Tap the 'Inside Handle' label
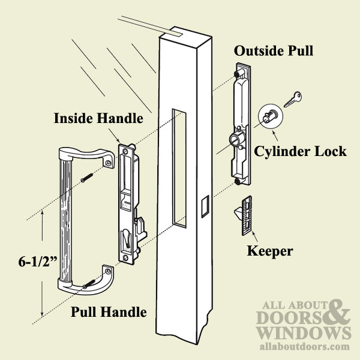point(98,118)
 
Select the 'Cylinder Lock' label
point(300,151)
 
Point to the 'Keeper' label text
point(270,250)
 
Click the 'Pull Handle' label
point(109,312)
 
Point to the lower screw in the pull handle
point(89,279)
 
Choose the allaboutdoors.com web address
point(304,346)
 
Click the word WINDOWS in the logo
point(304,332)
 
